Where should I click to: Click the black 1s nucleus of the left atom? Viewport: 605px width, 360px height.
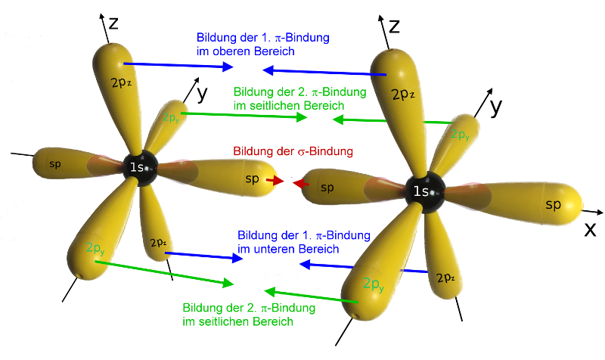140,168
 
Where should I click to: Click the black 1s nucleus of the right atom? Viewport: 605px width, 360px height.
425,192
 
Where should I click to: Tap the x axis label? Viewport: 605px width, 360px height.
590,229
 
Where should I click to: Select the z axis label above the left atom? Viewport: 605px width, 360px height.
113,23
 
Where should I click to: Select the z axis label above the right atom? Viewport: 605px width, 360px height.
394,26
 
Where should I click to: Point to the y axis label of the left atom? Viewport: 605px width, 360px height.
202,94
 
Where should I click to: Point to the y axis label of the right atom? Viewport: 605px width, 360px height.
497,107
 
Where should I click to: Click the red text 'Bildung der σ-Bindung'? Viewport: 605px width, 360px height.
293,151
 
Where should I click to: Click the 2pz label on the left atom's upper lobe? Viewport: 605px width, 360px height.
121,82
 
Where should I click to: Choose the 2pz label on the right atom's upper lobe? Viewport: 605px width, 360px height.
403,94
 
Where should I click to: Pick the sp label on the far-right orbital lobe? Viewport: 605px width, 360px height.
553,204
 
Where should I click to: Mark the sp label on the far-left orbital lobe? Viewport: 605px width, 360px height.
55,164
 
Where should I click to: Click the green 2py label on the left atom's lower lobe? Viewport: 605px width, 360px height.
95,248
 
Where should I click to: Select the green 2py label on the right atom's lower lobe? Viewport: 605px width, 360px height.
374,285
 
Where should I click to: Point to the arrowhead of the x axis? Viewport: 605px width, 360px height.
599,213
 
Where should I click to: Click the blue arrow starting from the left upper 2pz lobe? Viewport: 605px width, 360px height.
178,65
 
